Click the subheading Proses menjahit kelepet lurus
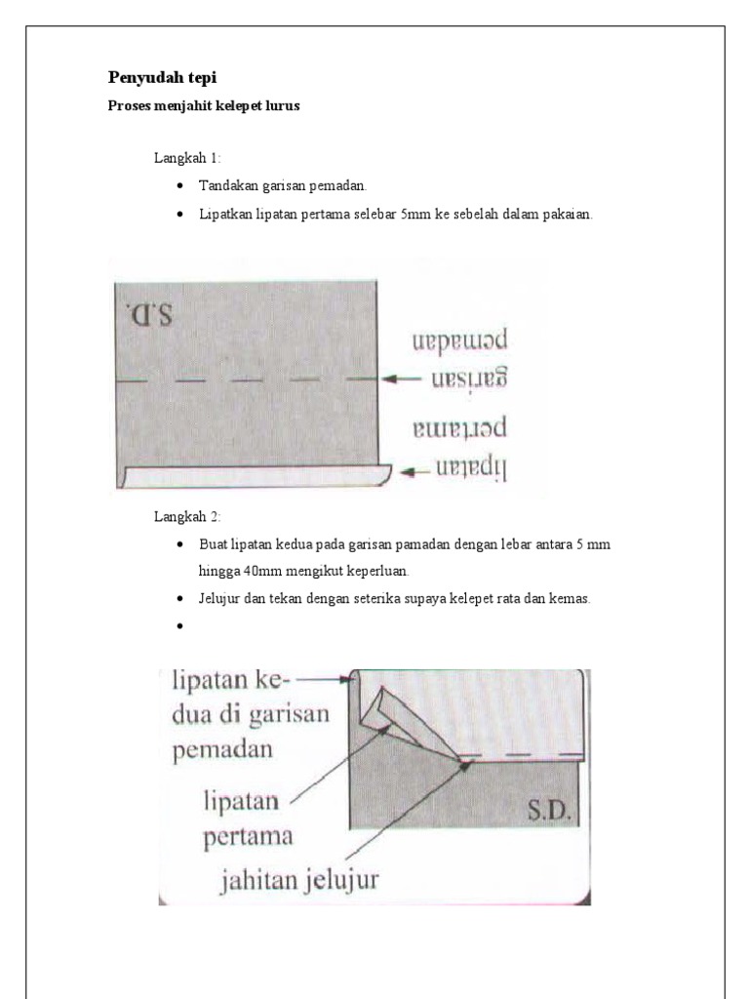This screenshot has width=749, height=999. coord(202,106)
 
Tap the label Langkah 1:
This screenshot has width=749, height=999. coord(187,157)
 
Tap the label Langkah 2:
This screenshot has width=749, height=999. coord(187,515)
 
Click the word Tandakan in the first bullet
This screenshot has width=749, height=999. coord(226,185)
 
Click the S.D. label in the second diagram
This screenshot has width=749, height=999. coord(549,810)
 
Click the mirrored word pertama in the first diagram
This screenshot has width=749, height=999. coord(460,426)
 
